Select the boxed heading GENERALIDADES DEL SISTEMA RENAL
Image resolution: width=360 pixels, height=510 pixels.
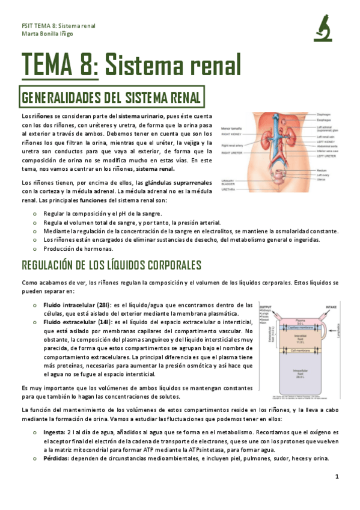coord(112,96)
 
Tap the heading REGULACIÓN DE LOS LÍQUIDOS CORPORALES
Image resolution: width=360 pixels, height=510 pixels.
coord(111,265)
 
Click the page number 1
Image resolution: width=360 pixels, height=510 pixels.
coord(337,477)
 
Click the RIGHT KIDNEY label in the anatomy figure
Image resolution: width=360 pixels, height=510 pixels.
coord(233,136)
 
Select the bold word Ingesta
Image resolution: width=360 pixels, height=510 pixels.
coord(56,432)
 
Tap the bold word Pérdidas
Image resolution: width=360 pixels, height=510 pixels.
coord(58,458)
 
